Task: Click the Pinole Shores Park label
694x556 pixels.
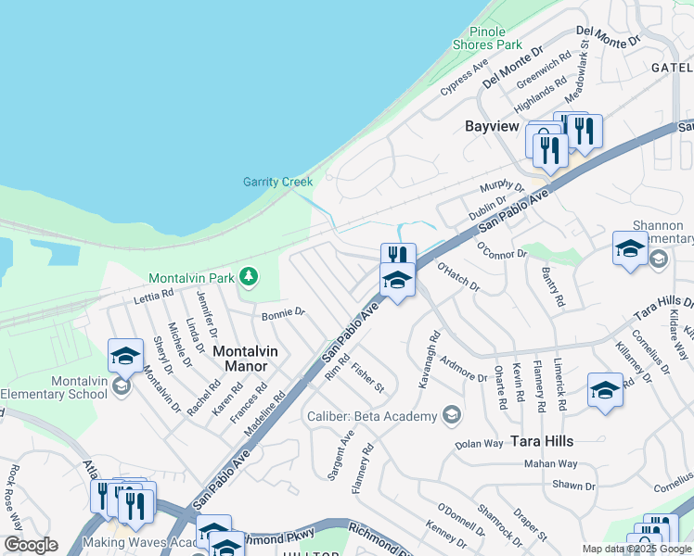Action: tap(487, 37)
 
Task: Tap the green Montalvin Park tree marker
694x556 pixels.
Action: tap(248, 276)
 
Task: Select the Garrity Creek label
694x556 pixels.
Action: tap(277, 182)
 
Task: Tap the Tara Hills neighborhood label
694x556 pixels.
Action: tap(541, 441)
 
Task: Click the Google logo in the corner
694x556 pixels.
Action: tap(31, 545)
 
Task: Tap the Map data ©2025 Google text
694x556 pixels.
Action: tap(636, 549)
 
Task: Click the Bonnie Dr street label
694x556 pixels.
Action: tap(283, 314)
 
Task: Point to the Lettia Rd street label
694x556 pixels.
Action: tap(153, 296)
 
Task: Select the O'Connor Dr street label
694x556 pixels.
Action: tap(501, 250)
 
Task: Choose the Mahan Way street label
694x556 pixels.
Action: tap(551, 463)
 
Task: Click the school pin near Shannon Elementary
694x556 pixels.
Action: tap(630, 248)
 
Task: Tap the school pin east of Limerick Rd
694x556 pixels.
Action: tap(604, 390)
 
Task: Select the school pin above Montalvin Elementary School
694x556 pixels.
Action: tap(125, 356)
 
